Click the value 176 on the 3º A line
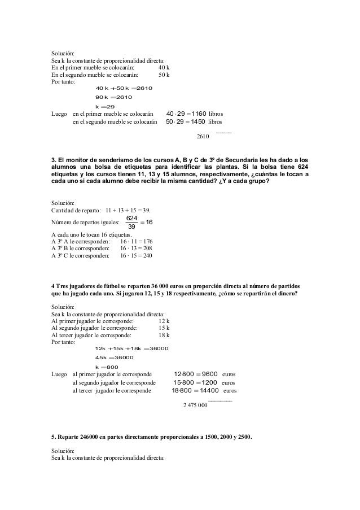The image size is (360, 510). click(x=146, y=242)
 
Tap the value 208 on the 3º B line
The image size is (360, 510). click(x=146, y=249)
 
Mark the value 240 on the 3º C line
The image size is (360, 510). click(x=146, y=256)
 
